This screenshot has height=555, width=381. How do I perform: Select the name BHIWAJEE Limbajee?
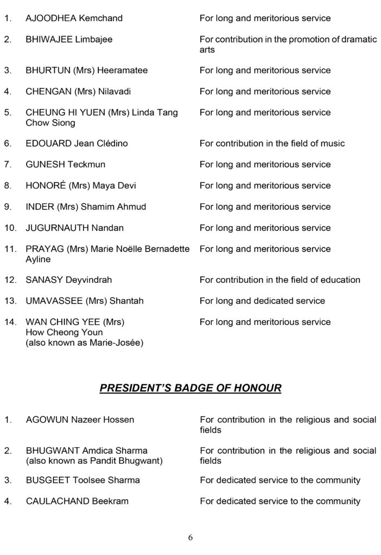click(69, 40)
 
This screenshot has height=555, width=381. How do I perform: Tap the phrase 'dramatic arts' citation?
click(288, 44)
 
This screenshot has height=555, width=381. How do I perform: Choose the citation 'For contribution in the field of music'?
click(272, 144)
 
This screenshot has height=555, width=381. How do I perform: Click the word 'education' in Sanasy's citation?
click(340, 280)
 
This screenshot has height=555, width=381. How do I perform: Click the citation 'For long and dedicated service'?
click(262, 301)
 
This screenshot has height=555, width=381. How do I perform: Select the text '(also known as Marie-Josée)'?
click(84, 343)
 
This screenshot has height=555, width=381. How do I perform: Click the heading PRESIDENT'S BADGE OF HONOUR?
click(190, 389)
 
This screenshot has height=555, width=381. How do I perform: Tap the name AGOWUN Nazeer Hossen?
click(80, 420)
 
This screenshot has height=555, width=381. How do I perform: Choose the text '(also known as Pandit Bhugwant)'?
click(94, 461)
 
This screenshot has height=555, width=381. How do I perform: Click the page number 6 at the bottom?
click(190, 538)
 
